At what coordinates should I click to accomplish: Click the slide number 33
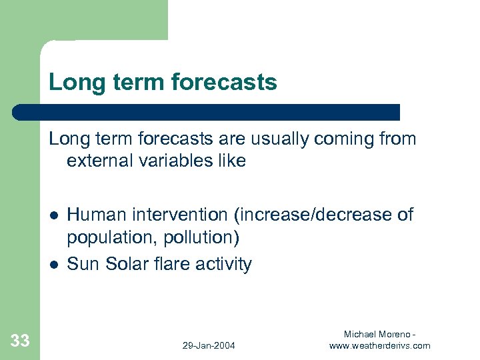click(20, 341)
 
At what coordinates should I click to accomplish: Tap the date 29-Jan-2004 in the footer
click(209, 345)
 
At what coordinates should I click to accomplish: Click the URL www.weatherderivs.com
click(380, 345)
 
